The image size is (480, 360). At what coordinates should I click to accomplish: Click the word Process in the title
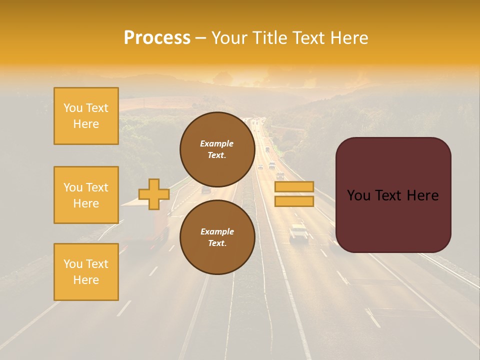(157, 38)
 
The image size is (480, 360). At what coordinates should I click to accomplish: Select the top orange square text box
(86, 116)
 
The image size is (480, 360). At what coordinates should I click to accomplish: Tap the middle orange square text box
(86, 195)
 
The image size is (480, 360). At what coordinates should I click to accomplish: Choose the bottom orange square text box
(86, 272)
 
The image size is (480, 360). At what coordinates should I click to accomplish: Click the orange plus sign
(154, 194)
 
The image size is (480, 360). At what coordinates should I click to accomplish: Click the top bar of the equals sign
(294, 187)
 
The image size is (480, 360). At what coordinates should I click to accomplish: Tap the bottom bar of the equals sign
(294, 201)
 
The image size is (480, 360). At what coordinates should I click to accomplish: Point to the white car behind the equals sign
(299, 233)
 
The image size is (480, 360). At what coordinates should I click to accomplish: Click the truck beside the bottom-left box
(145, 222)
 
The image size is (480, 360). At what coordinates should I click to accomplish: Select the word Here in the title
(349, 38)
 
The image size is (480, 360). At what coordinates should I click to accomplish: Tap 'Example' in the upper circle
(217, 143)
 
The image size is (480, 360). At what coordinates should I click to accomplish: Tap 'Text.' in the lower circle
(217, 243)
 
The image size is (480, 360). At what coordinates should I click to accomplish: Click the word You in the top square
(73, 108)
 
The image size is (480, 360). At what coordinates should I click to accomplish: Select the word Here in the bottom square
(86, 280)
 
